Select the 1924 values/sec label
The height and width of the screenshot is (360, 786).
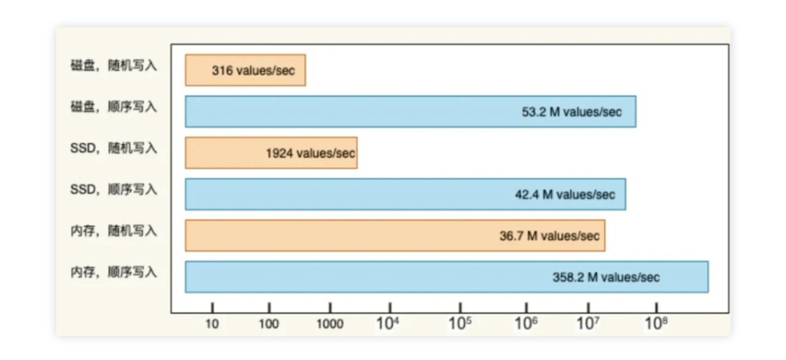coord(310,154)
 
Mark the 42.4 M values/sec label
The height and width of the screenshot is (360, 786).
coord(565,195)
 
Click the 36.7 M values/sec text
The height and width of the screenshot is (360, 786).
coord(549,236)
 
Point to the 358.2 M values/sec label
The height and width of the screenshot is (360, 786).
coord(606,277)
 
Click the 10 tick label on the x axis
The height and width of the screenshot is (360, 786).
coord(213,324)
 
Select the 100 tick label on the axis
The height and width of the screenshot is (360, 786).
coord(269,324)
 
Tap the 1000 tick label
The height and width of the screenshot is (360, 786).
coord(330,324)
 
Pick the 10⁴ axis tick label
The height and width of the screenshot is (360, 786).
coord(388,323)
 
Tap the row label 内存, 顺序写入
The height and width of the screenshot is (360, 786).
coord(114,272)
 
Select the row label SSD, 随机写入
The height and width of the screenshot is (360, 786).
coord(114,148)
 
